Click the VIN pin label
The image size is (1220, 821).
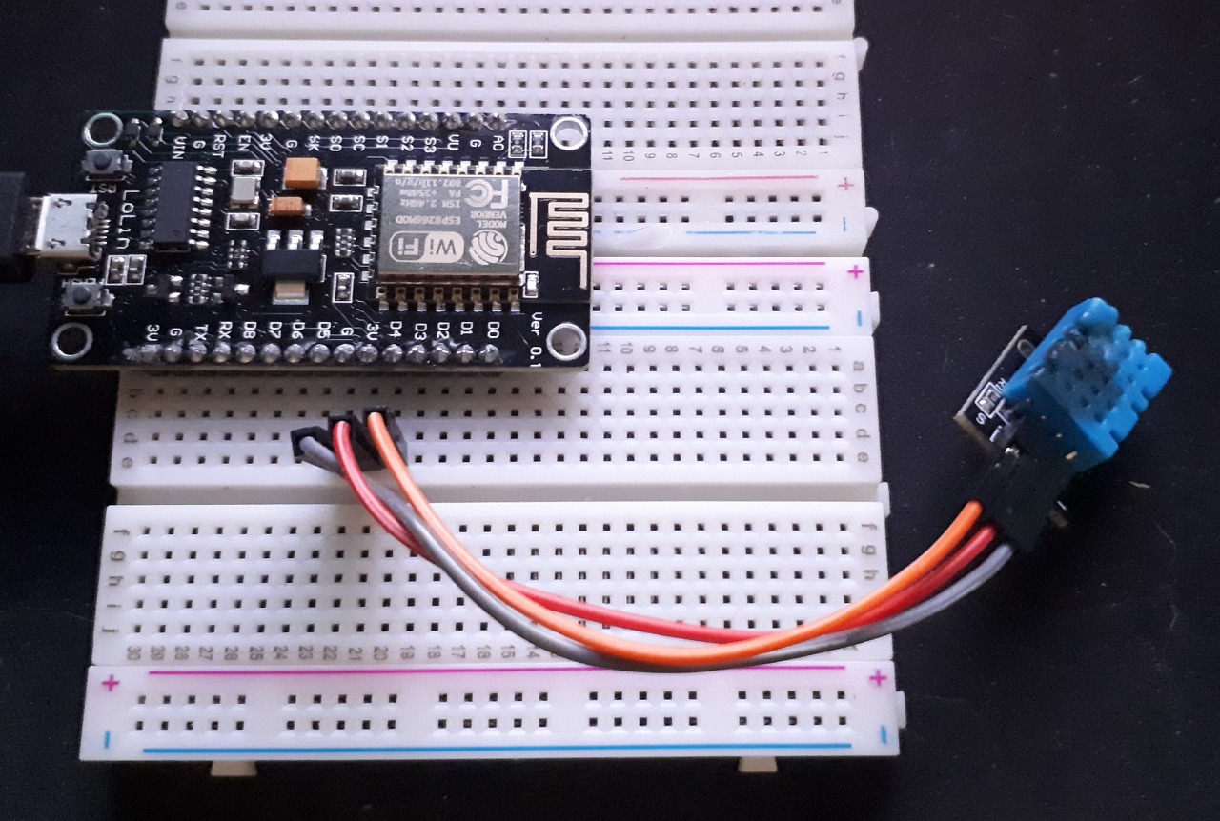(178, 149)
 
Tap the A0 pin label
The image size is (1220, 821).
(497, 143)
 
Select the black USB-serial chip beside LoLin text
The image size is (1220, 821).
(174, 205)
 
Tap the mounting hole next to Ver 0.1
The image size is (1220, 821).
(566, 336)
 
